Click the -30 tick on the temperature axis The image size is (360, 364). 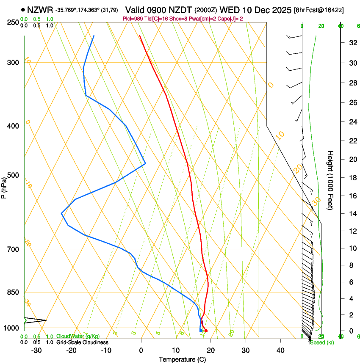[x=36, y=350]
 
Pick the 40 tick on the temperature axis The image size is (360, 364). [x=280, y=350]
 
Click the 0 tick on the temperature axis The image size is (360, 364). [x=141, y=350]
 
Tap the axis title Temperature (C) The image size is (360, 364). [x=182, y=359]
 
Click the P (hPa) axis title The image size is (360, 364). [x=4, y=186]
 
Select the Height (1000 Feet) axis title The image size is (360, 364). [x=330, y=180]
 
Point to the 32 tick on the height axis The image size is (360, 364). [x=352, y=43]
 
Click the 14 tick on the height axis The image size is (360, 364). [x=352, y=214]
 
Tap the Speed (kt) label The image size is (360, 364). [x=321, y=342]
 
